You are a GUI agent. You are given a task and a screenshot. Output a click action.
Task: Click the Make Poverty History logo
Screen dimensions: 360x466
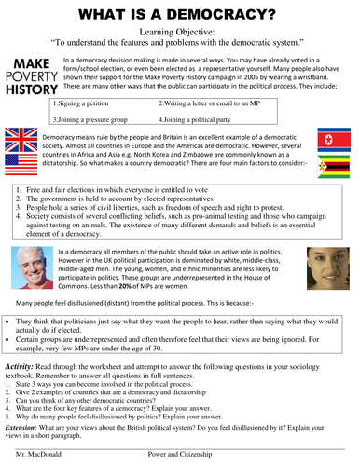(x=29, y=75)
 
